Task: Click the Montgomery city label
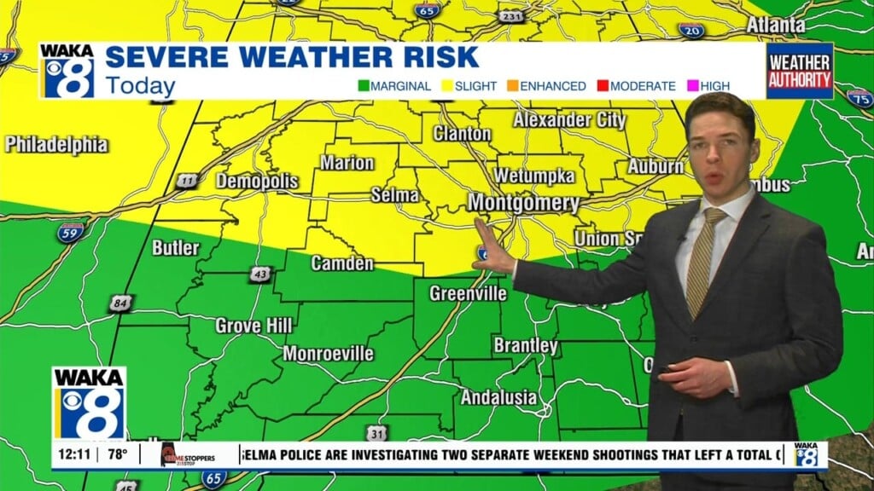(523, 204)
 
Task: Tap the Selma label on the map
(394, 194)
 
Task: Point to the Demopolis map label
(257, 181)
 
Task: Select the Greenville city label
(468, 294)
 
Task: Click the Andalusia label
(499, 397)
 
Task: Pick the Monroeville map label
(328, 353)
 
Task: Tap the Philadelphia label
(56, 144)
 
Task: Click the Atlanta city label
(775, 25)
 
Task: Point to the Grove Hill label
(253, 326)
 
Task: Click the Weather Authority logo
(799, 72)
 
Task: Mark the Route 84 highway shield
(120, 303)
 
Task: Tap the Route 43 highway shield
(261, 274)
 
